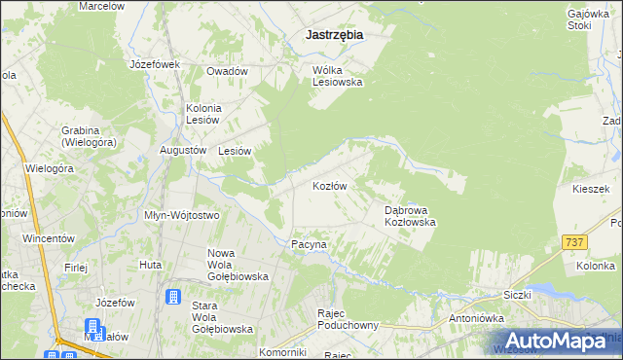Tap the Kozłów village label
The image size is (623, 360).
point(330,185)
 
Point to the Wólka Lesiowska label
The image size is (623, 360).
point(337,76)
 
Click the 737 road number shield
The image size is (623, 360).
point(573,240)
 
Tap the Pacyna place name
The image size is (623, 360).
point(311,245)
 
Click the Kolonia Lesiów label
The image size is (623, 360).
point(204,113)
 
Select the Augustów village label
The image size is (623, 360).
point(183,151)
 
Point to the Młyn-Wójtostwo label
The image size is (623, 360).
point(181,215)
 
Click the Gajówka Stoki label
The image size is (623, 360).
point(586,20)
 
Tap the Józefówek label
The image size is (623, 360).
point(156,64)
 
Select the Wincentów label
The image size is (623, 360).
point(49,238)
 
